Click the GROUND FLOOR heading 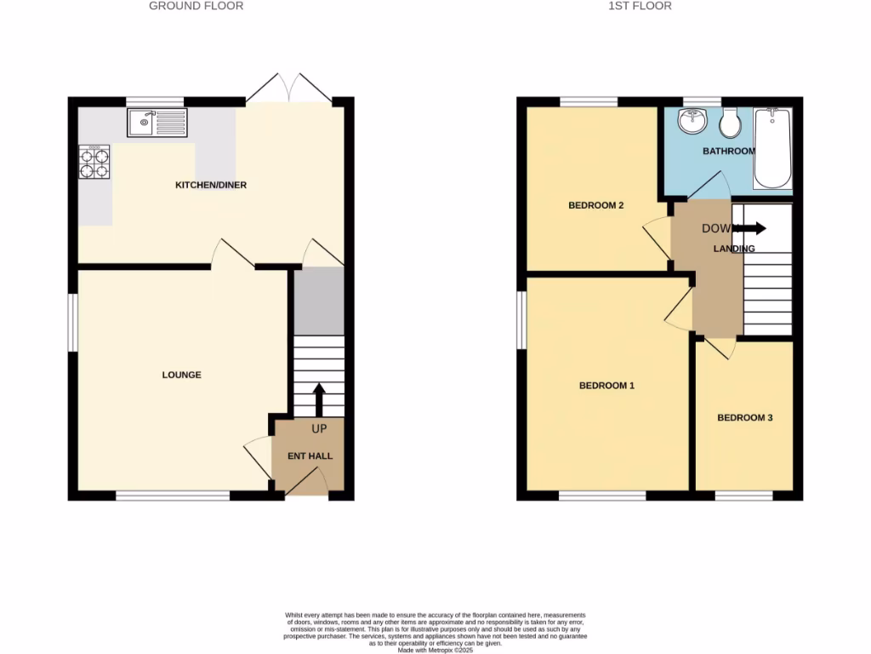196,6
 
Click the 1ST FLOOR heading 640,6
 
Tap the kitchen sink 157,123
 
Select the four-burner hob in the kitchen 94,162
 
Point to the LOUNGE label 182,375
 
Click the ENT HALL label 310,456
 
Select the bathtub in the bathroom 772,148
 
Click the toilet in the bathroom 729,124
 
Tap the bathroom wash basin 692,121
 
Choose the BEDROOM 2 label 596,205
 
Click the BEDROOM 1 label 606,386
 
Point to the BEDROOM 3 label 744,418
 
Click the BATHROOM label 728,152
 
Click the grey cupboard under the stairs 319,301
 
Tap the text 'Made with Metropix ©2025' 435,650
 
